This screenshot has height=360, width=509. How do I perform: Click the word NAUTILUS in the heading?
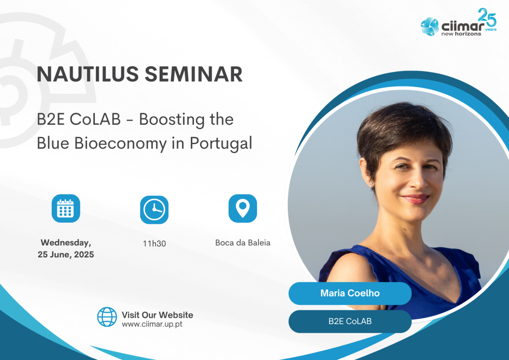(x=88, y=74)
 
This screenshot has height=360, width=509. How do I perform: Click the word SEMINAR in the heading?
(x=193, y=74)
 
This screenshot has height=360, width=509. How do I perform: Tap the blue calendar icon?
(x=66, y=208)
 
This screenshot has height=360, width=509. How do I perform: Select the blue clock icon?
(x=154, y=210)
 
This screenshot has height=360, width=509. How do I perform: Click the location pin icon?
(x=243, y=208)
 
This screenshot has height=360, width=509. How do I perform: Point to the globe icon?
(x=107, y=317)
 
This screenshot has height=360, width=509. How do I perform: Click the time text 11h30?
(x=154, y=244)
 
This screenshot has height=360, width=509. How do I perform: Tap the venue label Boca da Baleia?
(x=243, y=243)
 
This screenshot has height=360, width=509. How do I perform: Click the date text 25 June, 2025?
(x=66, y=255)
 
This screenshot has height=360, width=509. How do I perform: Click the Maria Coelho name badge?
(x=350, y=293)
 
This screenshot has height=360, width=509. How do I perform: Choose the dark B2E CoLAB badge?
(x=350, y=321)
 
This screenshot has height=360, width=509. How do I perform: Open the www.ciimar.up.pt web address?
(x=152, y=324)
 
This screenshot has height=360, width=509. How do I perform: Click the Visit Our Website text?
(x=158, y=315)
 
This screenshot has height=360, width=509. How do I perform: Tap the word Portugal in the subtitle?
(x=221, y=143)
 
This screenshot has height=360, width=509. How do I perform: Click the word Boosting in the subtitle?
(x=171, y=120)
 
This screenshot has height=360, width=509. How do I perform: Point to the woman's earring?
(x=371, y=184)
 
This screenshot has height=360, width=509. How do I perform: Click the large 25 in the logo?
(x=487, y=17)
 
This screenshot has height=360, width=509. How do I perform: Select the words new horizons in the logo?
(x=461, y=34)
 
